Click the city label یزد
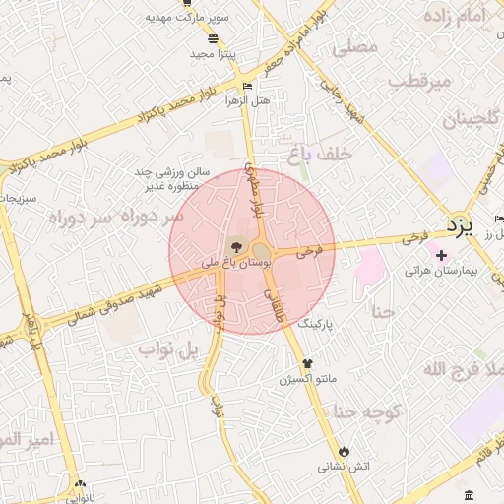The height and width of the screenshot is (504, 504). [460, 225]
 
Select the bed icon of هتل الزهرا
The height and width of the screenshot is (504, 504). [247, 86]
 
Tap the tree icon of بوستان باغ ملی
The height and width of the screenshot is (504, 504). [235, 246]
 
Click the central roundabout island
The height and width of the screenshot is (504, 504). [261, 253]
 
